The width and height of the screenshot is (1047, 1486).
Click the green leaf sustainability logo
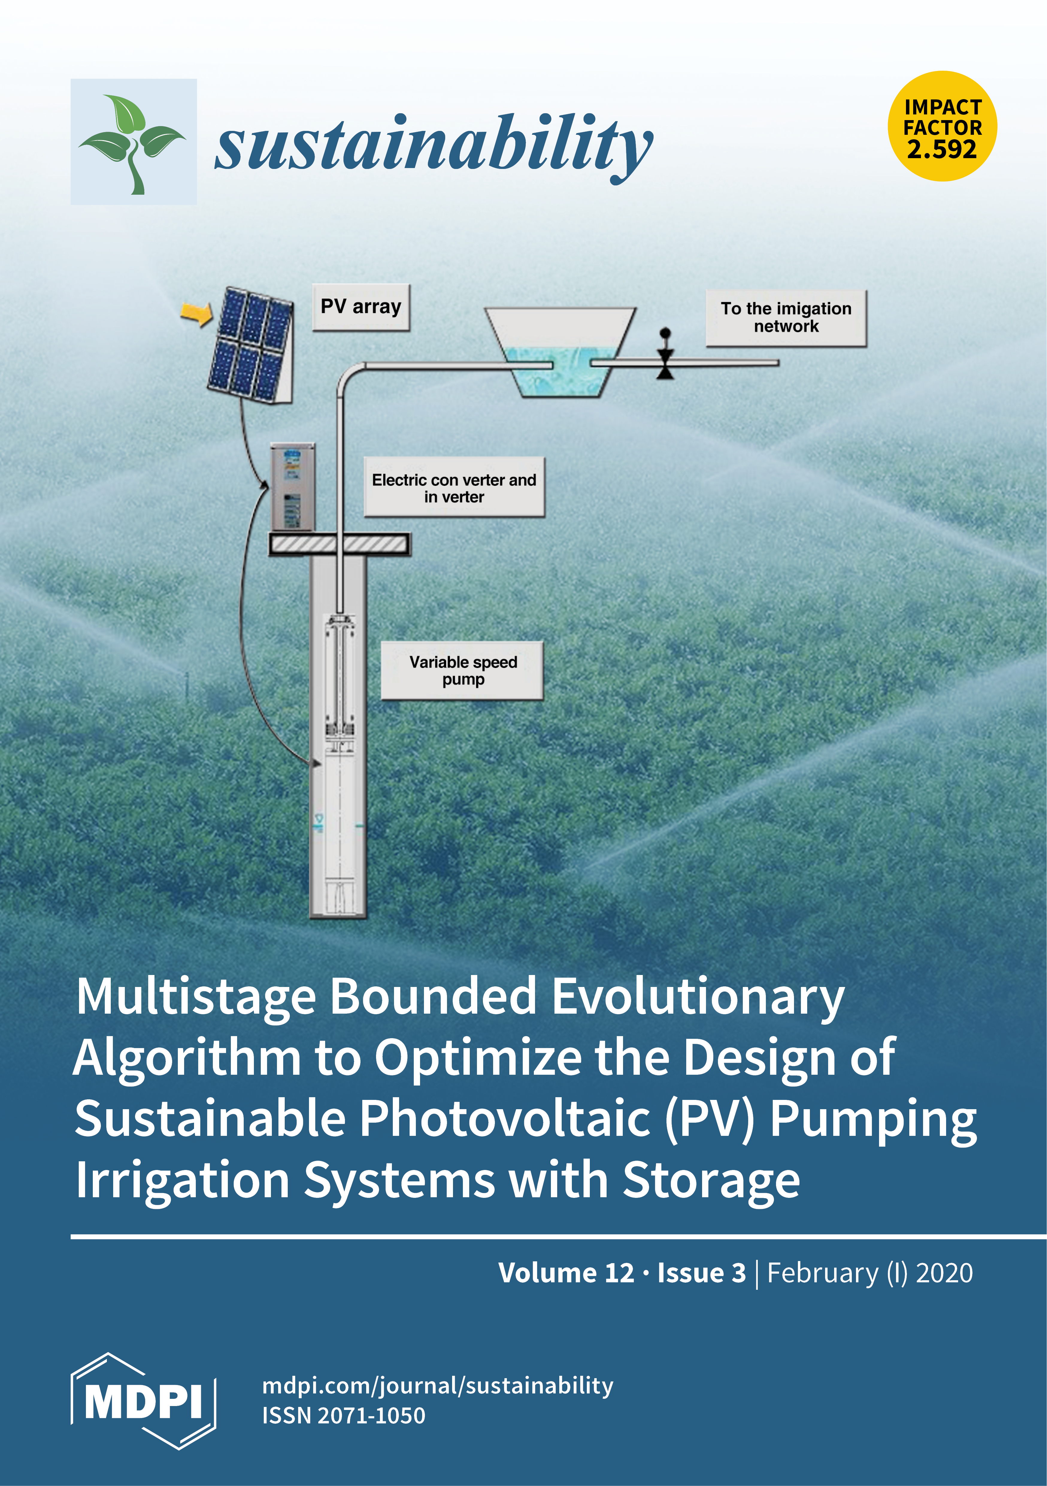133,142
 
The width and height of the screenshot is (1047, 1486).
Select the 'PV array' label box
361,307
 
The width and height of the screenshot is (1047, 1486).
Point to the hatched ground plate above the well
340,544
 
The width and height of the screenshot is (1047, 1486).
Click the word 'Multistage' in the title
196,997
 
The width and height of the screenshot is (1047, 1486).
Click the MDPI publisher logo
143,1402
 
